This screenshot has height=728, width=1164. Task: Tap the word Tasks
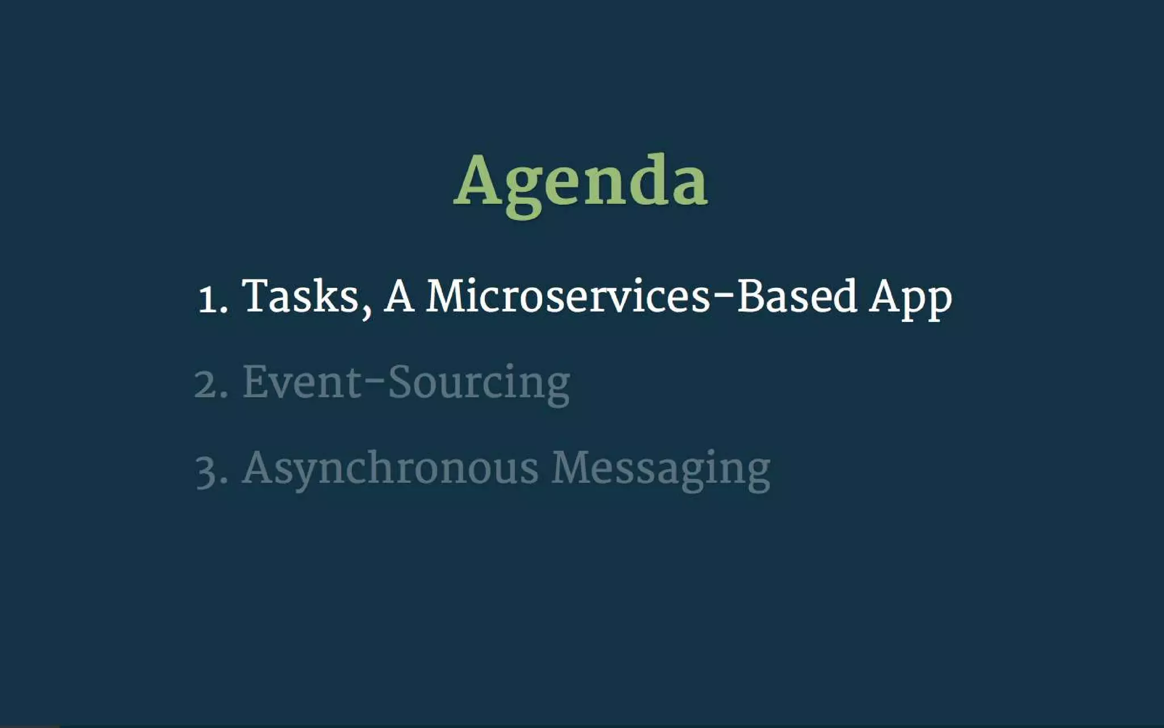click(x=300, y=296)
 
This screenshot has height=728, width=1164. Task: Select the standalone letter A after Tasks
click(x=398, y=296)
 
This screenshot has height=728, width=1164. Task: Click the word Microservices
click(x=567, y=296)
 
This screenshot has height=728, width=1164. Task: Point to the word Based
click(x=797, y=296)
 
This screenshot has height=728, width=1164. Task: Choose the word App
click(x=910, y=298)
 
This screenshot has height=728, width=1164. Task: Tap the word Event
click(x=302, y=382)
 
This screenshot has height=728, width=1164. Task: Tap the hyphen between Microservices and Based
click(x=724, y=298)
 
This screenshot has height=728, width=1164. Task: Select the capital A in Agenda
click(x=479, y=180)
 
